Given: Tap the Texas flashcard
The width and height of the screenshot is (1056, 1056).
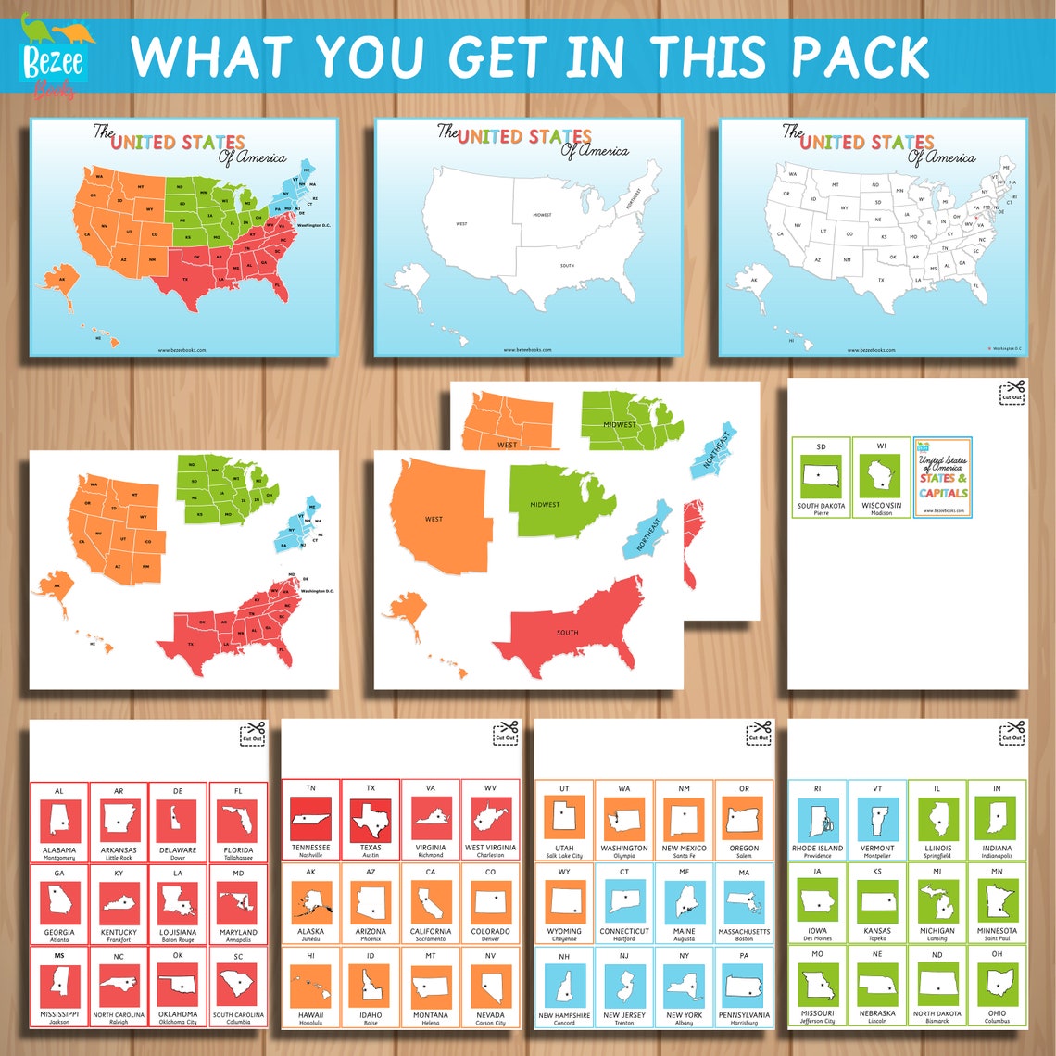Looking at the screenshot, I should [x=371, y=821].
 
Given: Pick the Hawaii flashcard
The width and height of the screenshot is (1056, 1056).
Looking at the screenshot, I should [x=310, y=988].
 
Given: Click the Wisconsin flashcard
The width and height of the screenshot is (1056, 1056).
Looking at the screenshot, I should [x=881, y=476].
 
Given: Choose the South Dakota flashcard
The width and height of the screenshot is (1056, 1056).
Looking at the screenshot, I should [x=821, y=476].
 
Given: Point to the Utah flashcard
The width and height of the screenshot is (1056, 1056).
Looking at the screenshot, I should [x=564, y=821].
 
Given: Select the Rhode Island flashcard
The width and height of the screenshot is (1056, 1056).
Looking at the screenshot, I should [x=817, y=821].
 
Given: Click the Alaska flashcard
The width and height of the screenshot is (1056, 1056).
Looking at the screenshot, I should [x=310, y=904].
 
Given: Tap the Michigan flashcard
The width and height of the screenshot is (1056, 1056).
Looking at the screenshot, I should [x=937, y=904].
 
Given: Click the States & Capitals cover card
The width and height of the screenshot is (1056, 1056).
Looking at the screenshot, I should [x=942, y=476].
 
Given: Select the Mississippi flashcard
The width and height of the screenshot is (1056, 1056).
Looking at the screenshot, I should [x=59, y=987].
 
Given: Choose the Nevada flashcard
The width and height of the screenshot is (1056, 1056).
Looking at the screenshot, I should [x=490, y=988].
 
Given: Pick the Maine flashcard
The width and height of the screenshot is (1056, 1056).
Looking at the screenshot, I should [x=684, y=904].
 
